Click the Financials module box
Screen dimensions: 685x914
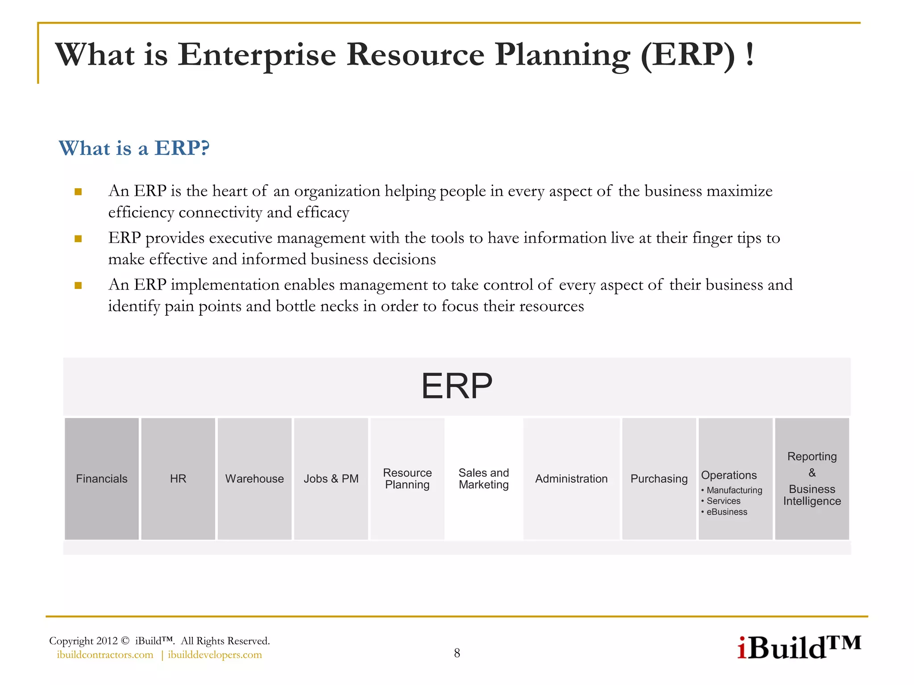point(102,479)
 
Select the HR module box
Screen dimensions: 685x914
point(178,479)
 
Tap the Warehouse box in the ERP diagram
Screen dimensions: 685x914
point(254,479)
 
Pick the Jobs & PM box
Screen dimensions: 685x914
point(331,479)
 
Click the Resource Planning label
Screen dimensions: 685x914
point(407,479)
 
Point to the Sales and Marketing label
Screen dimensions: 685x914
point(484,479)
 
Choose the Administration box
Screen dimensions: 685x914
point(571,479)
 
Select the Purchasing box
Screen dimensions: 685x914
point(659,479)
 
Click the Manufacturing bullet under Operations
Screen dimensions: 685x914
point(734,490)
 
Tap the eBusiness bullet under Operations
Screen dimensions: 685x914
point(727,512)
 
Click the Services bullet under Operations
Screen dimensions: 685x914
point(723,501)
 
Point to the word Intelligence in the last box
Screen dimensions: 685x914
point(812,501)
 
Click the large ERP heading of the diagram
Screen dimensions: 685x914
point(457,386)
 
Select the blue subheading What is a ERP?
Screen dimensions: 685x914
point(134,148)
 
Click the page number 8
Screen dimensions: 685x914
point(457,653)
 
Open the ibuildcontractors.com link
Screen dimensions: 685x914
point(105,655)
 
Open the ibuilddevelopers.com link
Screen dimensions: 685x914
point(215,655)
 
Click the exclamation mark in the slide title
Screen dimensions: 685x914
point(750,54)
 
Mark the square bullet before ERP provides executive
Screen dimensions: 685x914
point(78,239)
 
